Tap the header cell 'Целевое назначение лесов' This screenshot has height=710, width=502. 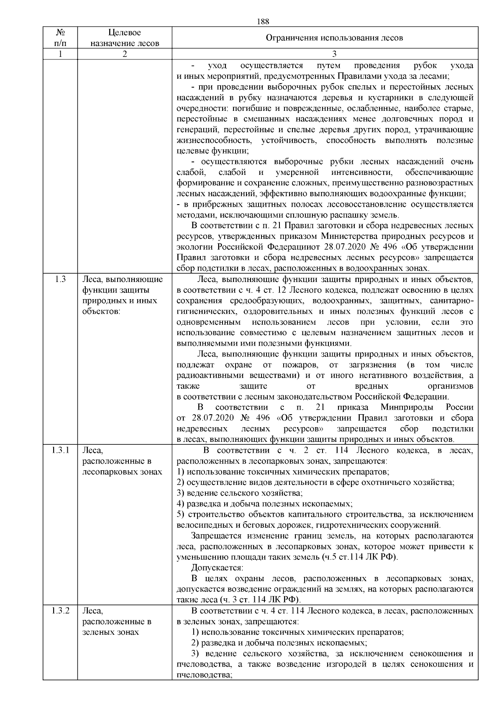125,38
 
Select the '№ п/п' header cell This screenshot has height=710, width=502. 60,38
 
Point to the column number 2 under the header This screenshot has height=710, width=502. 125,54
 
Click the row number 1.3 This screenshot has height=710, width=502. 60,279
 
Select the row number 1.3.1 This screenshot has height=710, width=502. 60,451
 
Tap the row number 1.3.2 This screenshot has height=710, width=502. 60,611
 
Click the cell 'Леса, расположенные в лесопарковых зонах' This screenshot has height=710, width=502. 122,461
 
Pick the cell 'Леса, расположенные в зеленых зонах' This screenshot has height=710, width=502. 117,621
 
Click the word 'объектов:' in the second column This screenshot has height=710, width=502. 101,311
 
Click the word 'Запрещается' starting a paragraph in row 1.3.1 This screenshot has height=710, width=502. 217,536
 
